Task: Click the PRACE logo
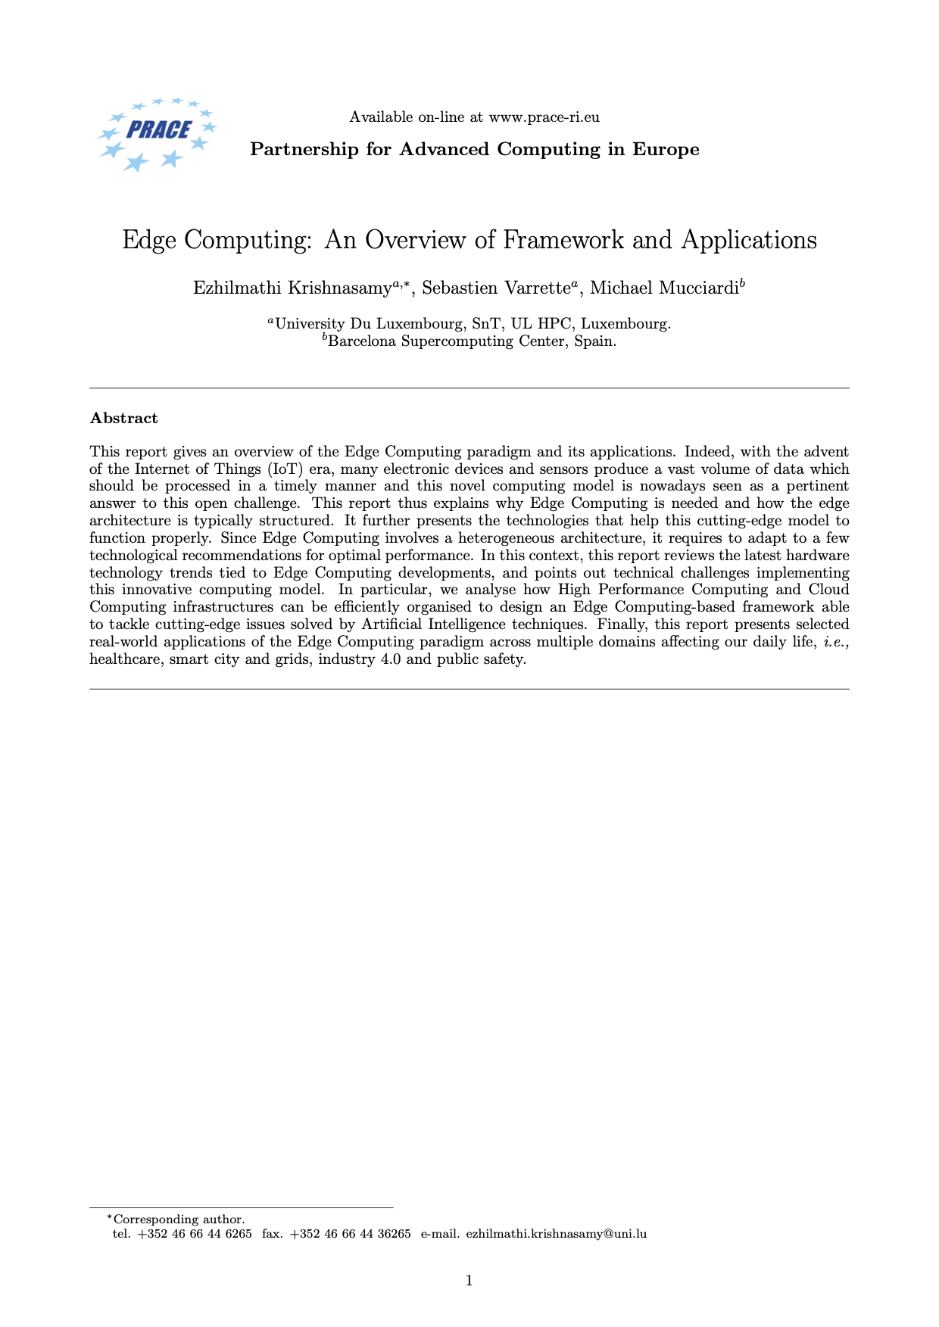point(158,133)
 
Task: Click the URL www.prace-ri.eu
point(544,117)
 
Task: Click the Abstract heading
point(123,418)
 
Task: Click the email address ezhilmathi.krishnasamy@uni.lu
point(556,1234)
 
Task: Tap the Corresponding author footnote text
point(179,1220)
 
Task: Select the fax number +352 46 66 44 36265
point(351,1234)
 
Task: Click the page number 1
point(469,1281)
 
